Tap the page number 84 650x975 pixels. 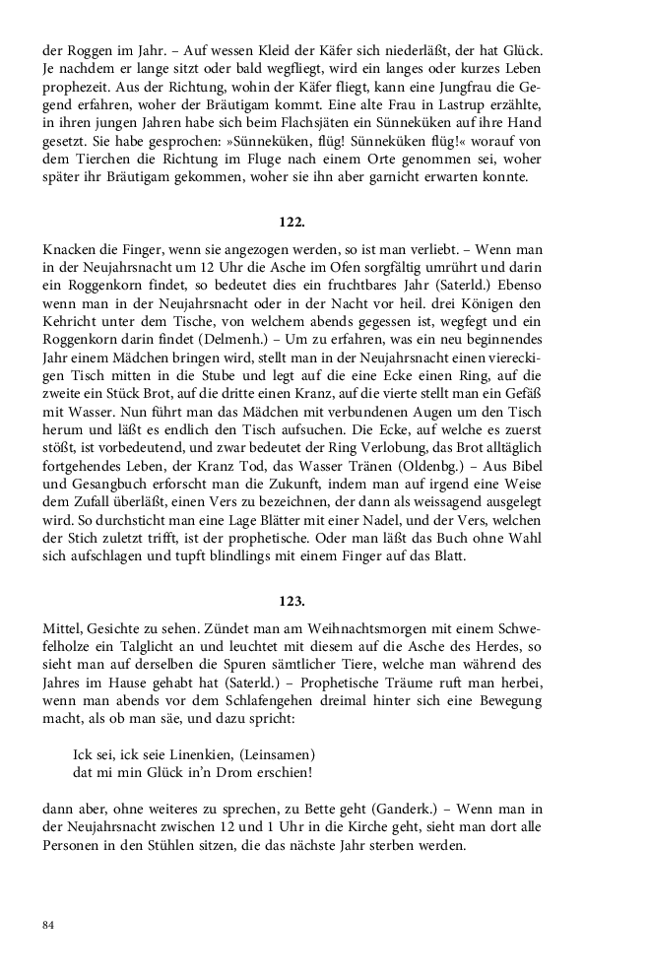[48, 925]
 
